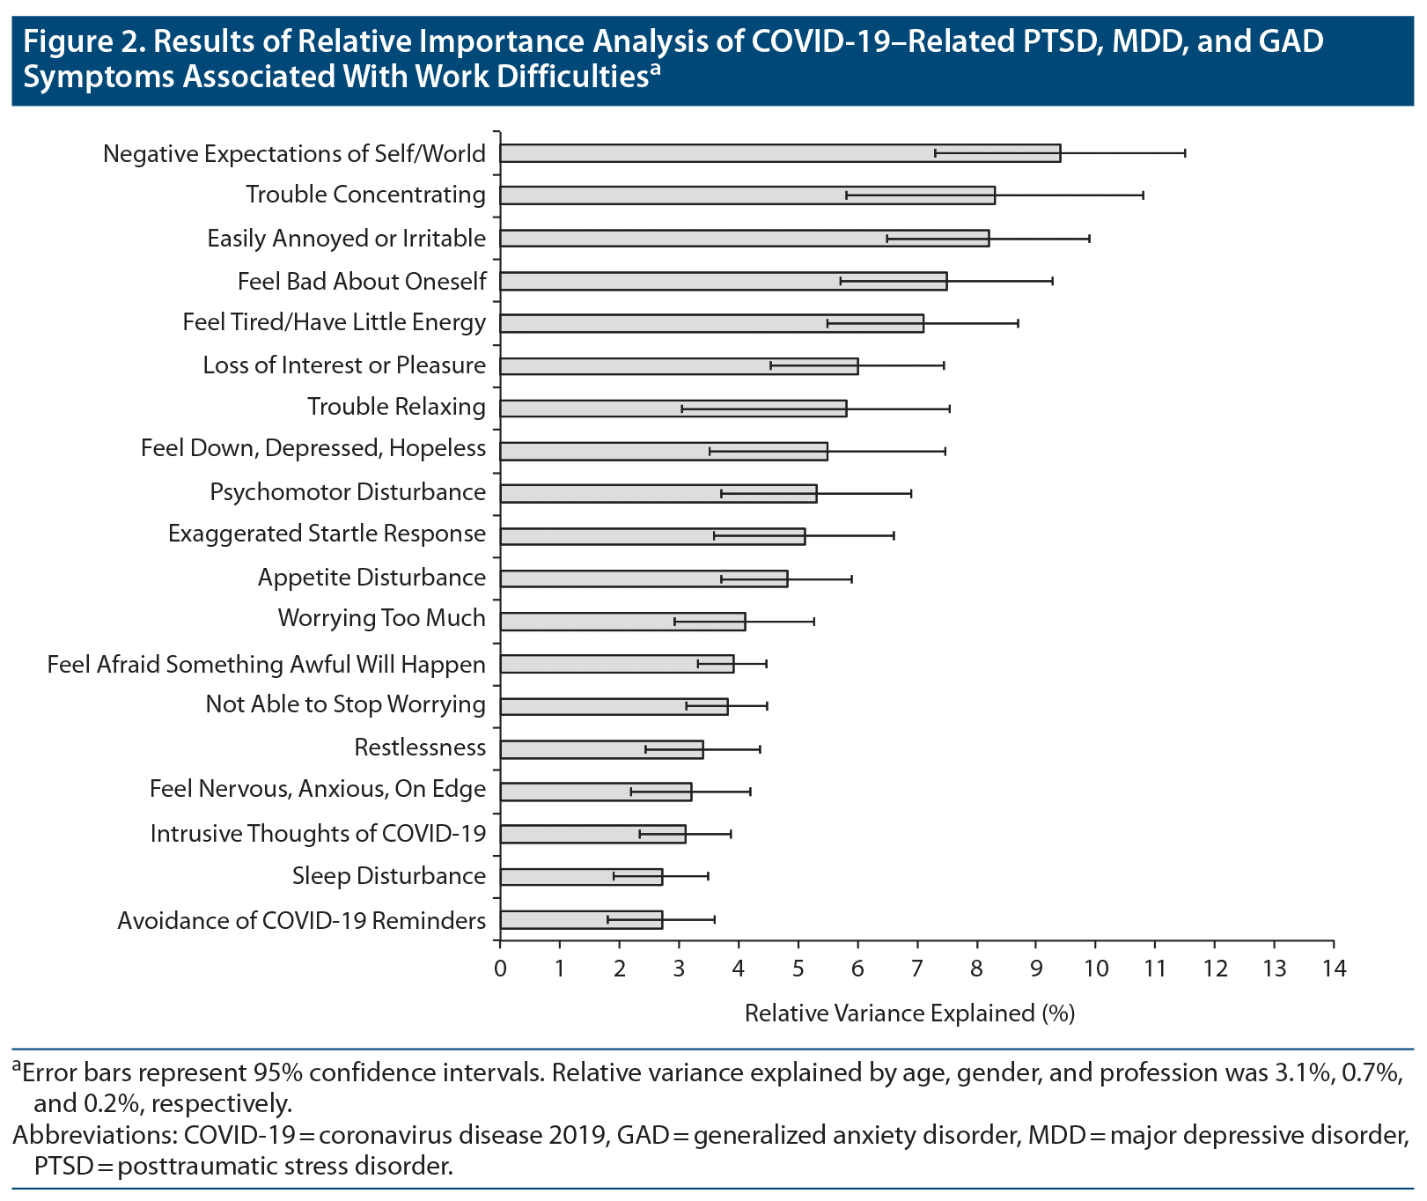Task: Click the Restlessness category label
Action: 420,748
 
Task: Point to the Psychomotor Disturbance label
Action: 348,492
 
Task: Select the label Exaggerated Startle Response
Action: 327,534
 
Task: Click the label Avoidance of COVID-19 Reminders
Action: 301,921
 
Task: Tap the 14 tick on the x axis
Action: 1334,969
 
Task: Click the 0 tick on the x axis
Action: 500,969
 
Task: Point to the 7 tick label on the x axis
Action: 917,969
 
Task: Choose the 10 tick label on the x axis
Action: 1095,969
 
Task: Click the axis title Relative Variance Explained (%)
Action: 909,1013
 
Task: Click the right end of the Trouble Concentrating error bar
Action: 1143,195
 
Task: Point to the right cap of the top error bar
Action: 1185,153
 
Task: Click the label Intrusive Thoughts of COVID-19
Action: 318,834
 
